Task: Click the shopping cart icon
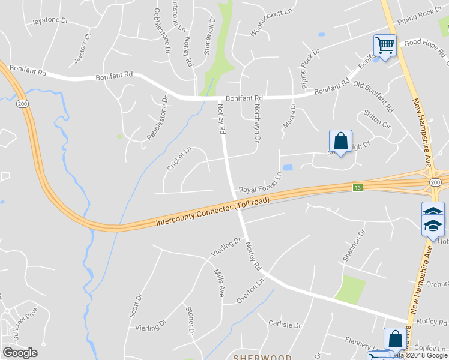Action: (385, 45)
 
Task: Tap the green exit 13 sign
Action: (357, 188)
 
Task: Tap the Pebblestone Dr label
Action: (155, 118)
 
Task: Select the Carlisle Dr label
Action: (285, 325)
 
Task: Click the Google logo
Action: (20, 352)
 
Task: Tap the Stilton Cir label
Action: (378, 121)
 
